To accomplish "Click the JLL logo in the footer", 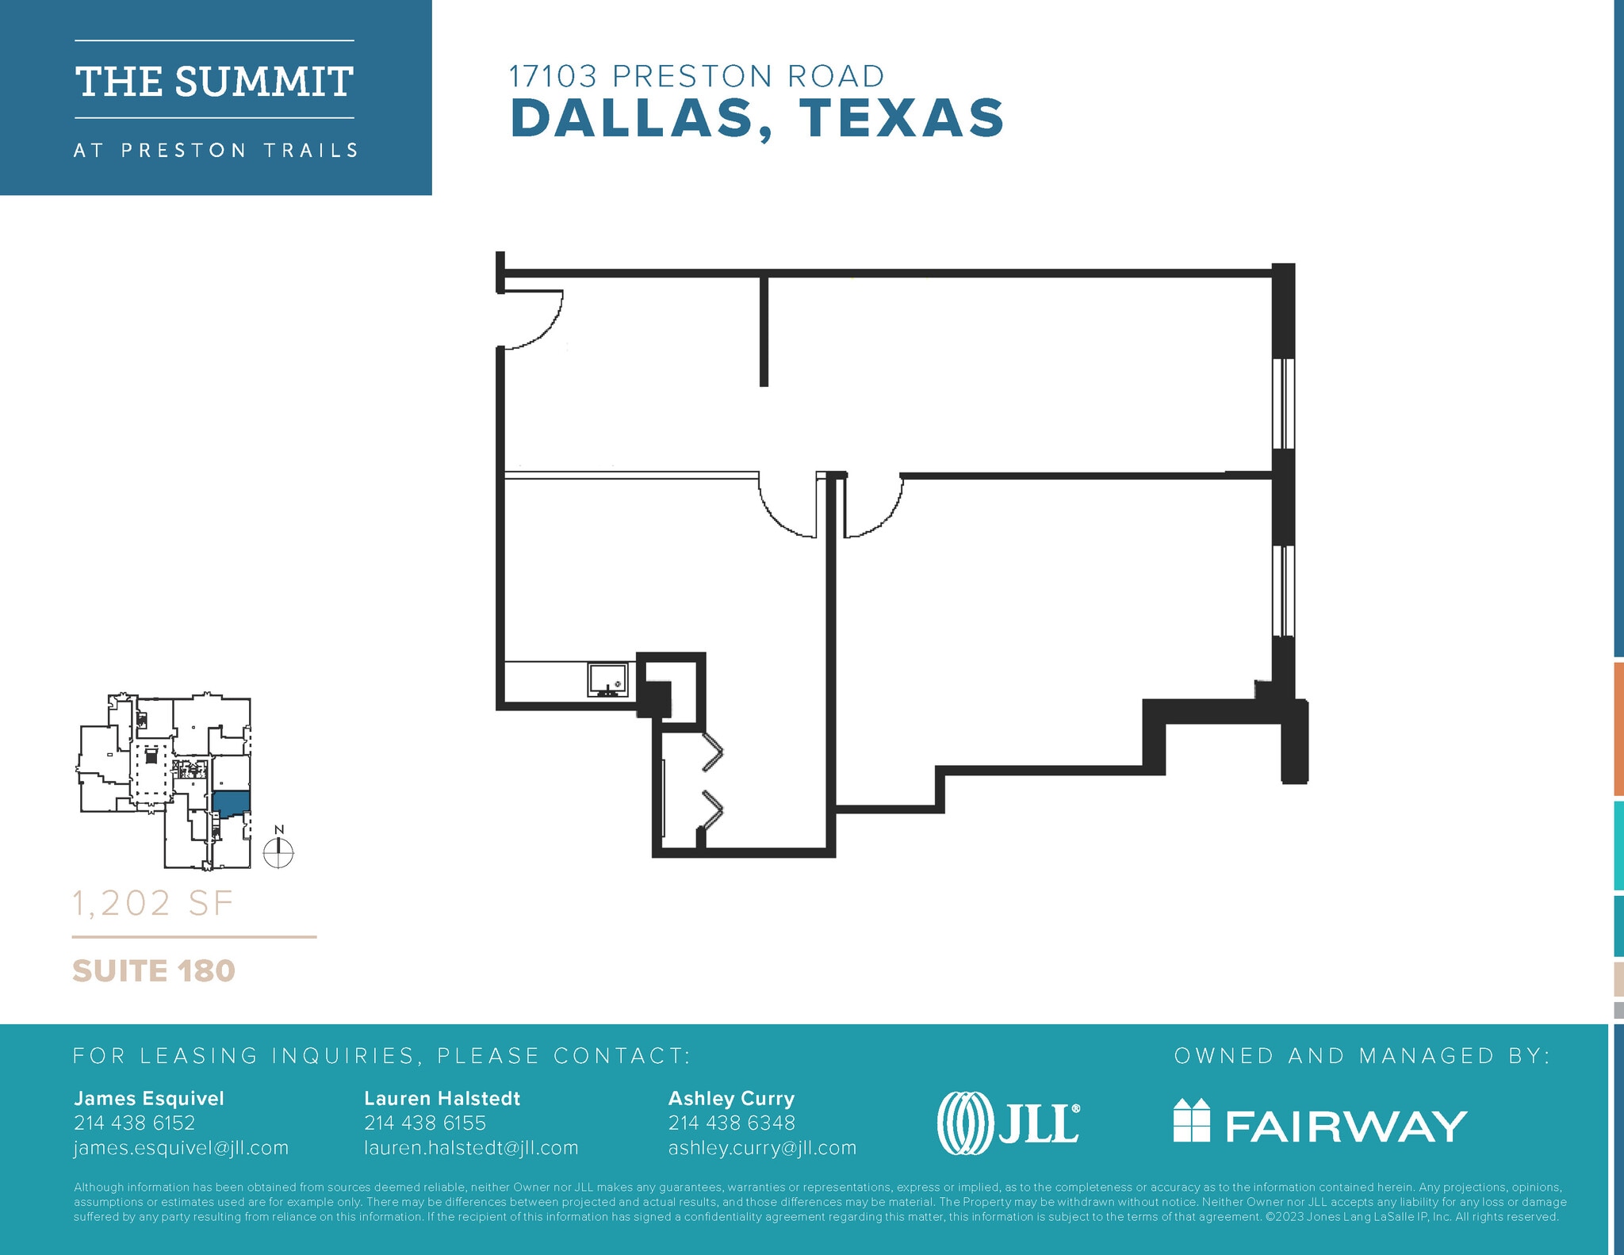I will tap(1008, 1123).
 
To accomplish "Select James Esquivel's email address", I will tap(181, 1148).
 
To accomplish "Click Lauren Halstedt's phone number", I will tap(425, 1123).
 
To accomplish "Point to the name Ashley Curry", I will tap(731, 1098).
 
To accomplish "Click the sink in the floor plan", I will tap(608, 679).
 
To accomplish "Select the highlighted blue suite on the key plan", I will tap(231, 802).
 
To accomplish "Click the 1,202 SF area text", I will tap(153, 904).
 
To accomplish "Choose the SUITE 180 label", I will tap(154, 971).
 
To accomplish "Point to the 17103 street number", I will tap(552, 77).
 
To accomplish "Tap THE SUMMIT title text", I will tap(214, 82).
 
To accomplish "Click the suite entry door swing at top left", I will tap(533, 319).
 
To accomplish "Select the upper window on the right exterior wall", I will tap(1284, 404).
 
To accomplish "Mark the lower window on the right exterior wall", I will tap(1284, 591).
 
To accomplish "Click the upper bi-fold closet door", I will tap(712, 750).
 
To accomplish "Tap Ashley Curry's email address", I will tap(762, 1148).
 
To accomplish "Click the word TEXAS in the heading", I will tap(902, 119).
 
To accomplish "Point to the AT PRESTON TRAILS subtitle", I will tap(216, 151).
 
